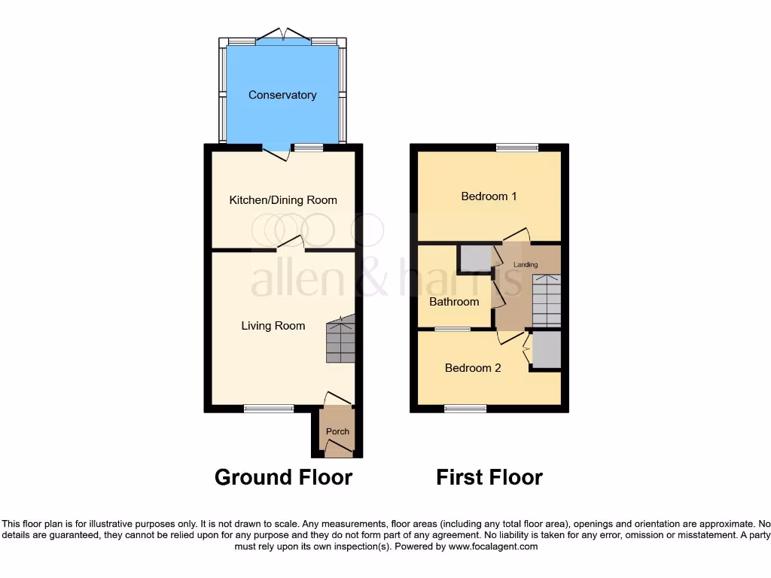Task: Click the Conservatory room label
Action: (282, 95)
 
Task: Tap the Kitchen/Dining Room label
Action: (283, 200)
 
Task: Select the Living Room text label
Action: (273, 326)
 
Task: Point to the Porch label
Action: (337, 431)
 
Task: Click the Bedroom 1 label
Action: (489, 196)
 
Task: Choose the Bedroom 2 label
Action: (473, 368)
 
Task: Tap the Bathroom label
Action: (454, 302)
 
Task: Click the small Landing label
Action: (526, 265)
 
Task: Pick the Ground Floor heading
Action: (283, 477)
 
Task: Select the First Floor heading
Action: (489, 477)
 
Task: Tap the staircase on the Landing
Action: (546, 300)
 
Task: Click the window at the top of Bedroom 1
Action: (517, 148)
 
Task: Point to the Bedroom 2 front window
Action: (465, 409)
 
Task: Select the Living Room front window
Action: (269, 409)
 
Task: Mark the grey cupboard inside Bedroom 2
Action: (546, 349)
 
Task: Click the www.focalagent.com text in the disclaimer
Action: (493, 546)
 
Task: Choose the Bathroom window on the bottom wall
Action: (453, 329)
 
